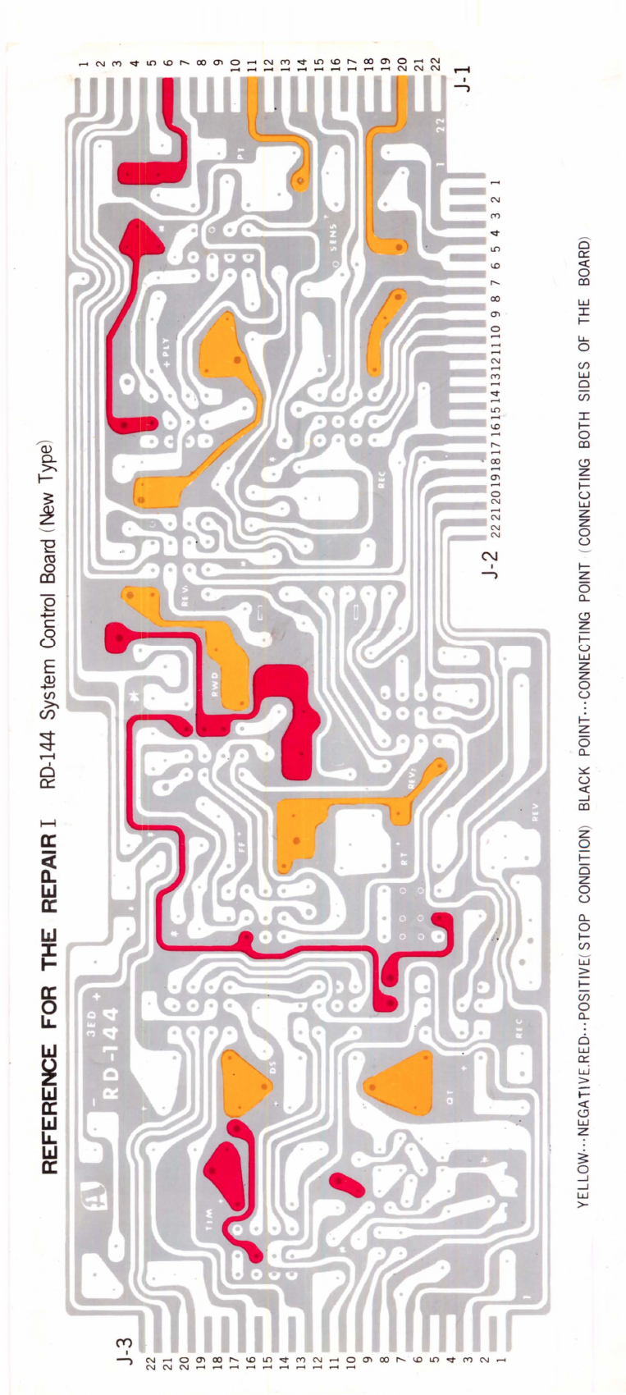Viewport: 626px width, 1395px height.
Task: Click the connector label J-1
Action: (464, 75)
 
